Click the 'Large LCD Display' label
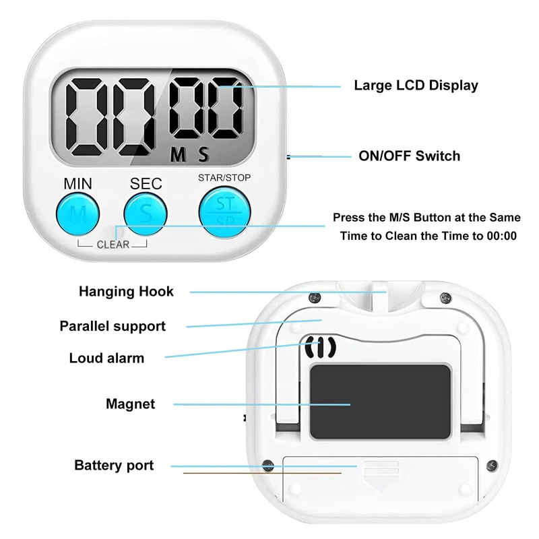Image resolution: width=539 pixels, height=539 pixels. [x=416, y=86]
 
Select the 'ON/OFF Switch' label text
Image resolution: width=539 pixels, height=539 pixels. [x=409, y=156]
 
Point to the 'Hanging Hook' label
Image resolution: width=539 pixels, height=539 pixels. [x=126, y=292]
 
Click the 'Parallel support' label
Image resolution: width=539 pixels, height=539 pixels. [x=112, y=326]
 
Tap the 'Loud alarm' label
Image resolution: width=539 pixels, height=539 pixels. [x=106, y=358]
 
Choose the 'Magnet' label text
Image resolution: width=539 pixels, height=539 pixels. [x=130, y=404]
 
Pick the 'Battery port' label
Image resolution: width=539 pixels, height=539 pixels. [x=114, y=466]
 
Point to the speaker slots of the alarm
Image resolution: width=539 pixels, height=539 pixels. [x=321, y=348]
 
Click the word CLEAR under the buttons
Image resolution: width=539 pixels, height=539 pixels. [x=113, y=245]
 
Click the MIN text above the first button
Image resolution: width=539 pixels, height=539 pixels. [x=78, y=183]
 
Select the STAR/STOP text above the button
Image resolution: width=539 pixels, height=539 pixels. [x=225, y=178]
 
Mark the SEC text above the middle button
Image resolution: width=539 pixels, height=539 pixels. [x=146, y=183]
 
